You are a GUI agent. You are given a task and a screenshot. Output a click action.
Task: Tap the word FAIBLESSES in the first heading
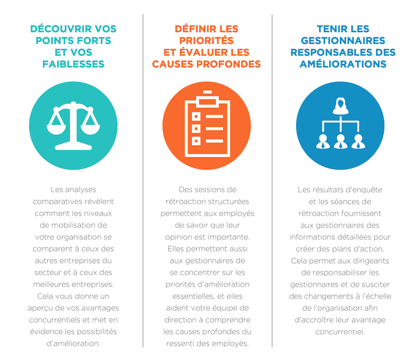point(73,64)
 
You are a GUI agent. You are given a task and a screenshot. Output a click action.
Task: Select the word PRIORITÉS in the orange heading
point(206,40)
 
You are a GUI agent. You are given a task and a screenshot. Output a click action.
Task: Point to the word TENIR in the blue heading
point(330,29)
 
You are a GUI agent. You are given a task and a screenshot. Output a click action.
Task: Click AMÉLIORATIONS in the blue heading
point(343,64)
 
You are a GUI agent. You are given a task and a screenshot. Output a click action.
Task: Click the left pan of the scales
point(56,129)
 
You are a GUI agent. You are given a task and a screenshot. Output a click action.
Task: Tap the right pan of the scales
point(90,129)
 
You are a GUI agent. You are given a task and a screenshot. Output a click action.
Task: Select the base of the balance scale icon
point(73,147)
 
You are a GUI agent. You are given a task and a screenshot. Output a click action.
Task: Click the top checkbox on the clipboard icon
point(196,117)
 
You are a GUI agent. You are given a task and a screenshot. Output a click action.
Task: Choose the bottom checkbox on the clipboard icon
point(196,141)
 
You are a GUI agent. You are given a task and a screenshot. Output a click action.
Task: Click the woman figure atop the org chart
point(341,106)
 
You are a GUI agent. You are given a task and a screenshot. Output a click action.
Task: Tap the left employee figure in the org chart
point(323,141)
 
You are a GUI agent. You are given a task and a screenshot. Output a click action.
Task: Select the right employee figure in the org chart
point(358,141)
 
